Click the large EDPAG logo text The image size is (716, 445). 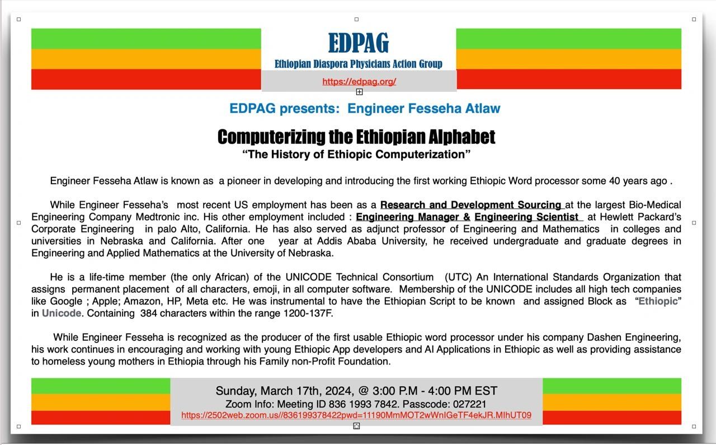point(359,43)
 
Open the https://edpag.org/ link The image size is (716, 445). point(359,81)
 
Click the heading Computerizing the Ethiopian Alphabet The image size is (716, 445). point(356,137)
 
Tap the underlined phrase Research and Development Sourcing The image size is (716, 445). point(471,205)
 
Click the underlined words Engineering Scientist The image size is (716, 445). point(526,217)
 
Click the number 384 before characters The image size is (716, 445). point(148,313)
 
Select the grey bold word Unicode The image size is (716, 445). point(62,313)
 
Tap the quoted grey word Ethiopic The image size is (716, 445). point(658,301)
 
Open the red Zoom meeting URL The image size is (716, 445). point(356,415)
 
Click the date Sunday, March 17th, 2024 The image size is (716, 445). point(284,391)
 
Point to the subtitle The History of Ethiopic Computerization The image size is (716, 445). point(356,154)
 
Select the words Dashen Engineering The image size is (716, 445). point(634,337)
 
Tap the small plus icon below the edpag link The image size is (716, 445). point(359,92)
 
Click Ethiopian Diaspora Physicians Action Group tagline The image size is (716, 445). point(359,64)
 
